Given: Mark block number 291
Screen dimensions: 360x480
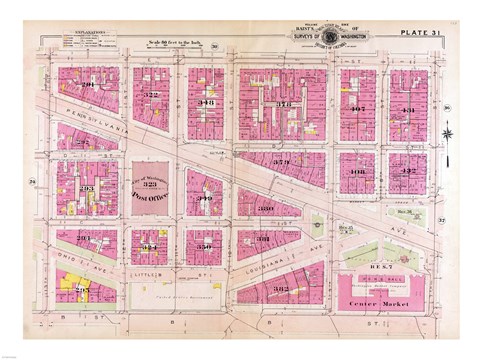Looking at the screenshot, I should (87, 86).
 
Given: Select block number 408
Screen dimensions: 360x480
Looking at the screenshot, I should (357, 172).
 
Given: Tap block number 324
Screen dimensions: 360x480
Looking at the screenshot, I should (150, 246).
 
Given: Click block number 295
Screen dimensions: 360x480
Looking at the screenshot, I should (83, 288).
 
